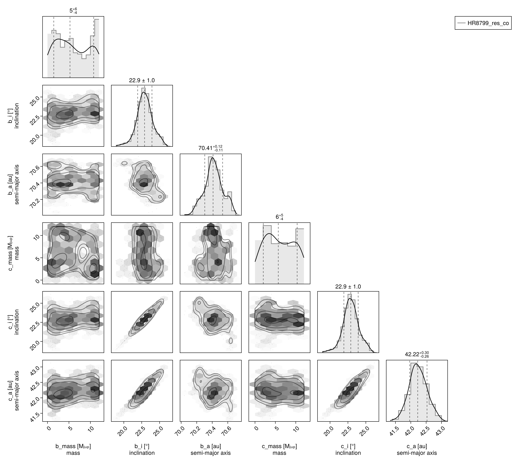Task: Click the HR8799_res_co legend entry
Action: click(483, 23)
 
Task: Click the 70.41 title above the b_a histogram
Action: click(210, 148)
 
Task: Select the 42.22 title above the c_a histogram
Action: click(417, 354)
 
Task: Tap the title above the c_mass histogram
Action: click(279, 217)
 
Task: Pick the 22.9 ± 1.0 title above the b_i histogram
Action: click(142, 80)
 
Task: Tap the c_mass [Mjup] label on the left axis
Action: click(11, 253)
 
